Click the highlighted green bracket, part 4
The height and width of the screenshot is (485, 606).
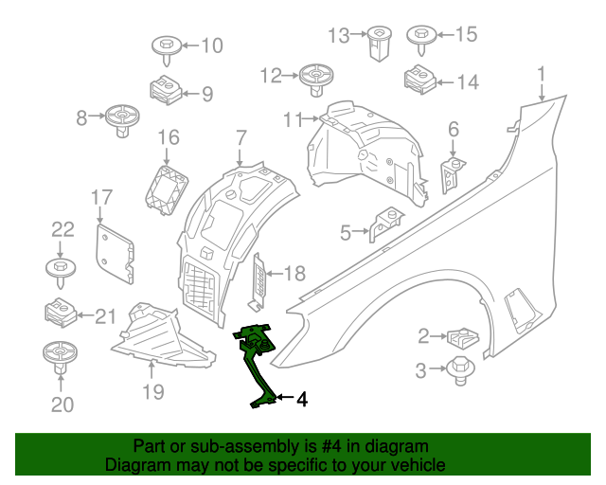tap(257, 360)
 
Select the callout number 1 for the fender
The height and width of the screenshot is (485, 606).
tap(542, 74)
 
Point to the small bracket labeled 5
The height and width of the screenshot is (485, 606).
tap(383, 225)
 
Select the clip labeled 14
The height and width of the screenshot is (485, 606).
tap(418, 81)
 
